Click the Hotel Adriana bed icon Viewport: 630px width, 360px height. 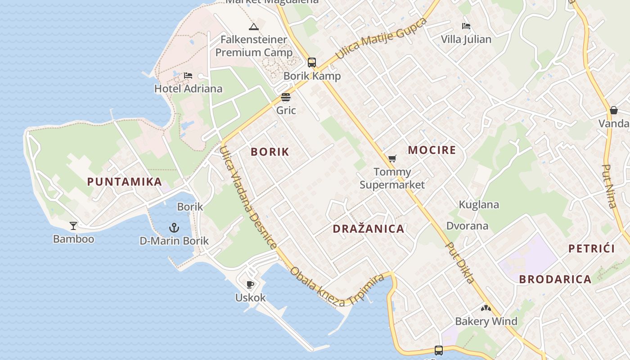coord(188,76)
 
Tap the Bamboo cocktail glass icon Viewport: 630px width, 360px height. coord(73,225)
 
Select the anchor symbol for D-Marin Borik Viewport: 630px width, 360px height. coord(174,228)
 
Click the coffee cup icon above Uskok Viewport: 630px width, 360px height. coord(250,284)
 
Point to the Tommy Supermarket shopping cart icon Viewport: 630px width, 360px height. coord(392,158)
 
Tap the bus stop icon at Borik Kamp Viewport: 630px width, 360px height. coord(311,63)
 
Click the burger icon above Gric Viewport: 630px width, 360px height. coord(286,97)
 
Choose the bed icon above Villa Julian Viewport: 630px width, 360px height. coord(466,26)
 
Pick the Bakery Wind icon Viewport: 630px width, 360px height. coord(486,308)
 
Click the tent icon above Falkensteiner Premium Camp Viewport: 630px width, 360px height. coord(254,27)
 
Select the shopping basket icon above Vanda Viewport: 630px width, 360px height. coord(614,110)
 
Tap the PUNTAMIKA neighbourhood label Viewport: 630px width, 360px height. coord(125,182)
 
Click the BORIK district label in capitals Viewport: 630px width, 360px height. coord(270,152)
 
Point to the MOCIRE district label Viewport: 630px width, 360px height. coord(432,150)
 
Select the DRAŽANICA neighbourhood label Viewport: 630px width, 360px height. coord(369,229)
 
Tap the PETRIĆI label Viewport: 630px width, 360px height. coord(591,248)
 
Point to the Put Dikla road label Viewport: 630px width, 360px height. coord(460,263)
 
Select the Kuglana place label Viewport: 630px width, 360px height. coord(479,205)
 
